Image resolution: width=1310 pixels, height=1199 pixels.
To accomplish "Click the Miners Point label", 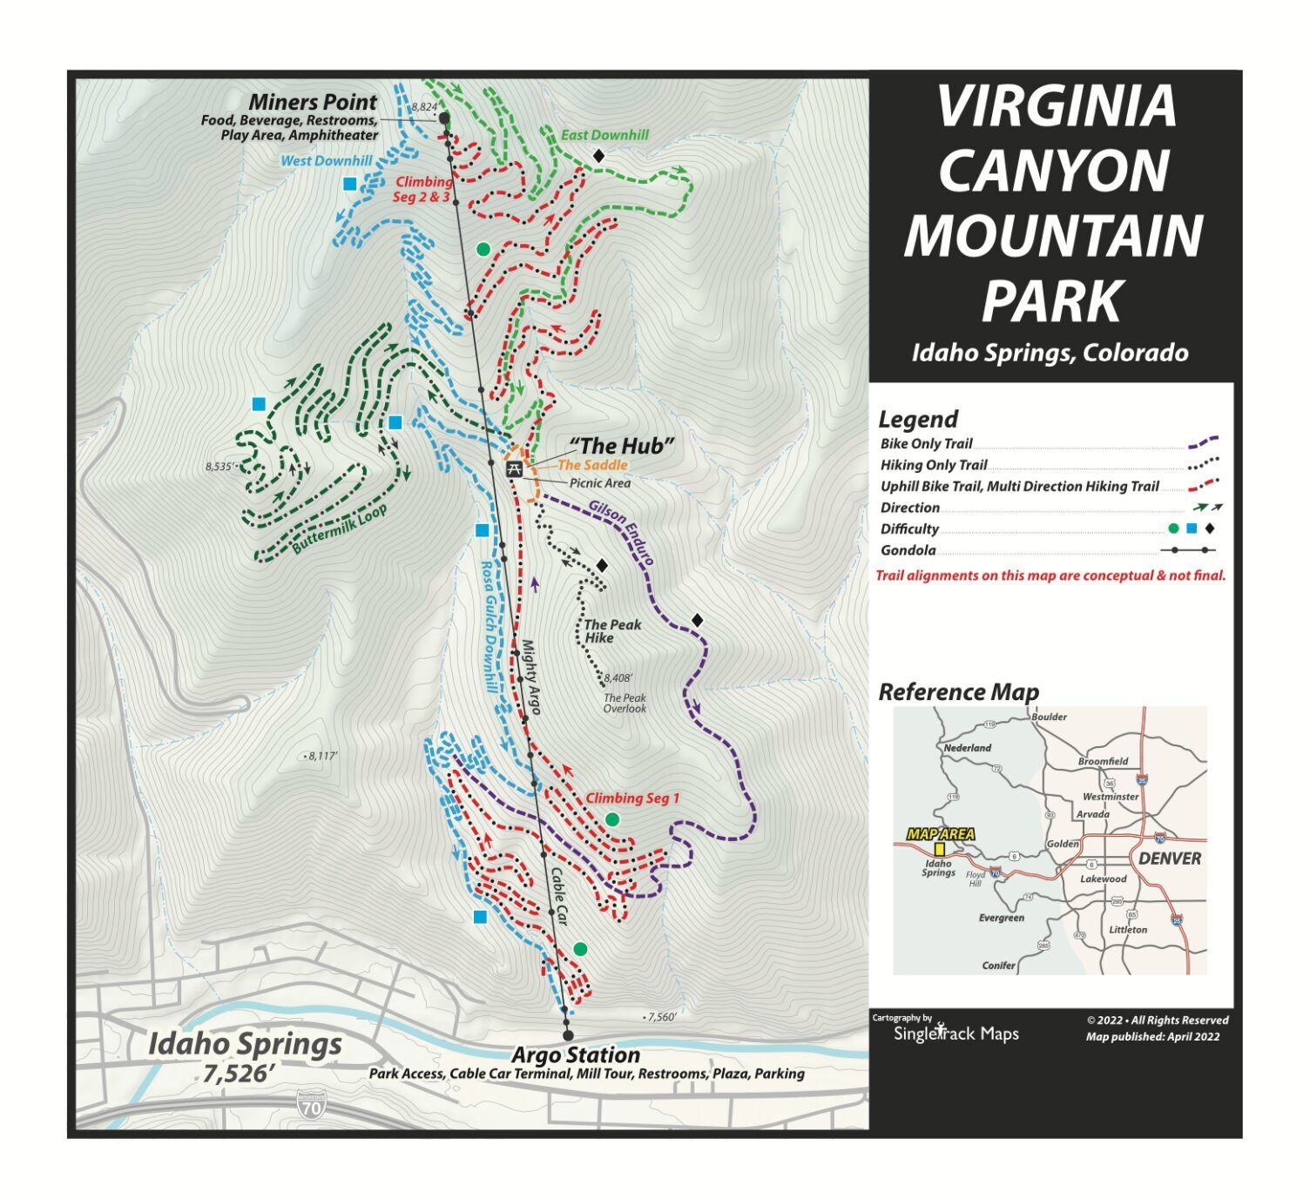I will (x=313, y=102).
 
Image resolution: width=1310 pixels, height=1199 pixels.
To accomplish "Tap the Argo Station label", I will (x=576, y=1054).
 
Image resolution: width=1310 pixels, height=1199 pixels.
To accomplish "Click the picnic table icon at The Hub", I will (x=514, y=469).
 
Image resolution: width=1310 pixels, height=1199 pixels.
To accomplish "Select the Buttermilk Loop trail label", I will (x=339, y=529).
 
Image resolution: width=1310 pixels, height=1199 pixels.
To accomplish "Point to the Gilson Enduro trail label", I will (x=621, y=533).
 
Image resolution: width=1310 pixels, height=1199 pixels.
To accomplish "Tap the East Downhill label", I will (x=604, y=135).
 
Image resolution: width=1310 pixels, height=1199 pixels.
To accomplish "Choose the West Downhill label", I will (x=326, y=161).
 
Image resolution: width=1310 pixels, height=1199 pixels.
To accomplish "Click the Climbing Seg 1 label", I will (x=631, y=798).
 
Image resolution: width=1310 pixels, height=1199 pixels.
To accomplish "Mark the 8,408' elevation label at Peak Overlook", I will (x=618, y=677).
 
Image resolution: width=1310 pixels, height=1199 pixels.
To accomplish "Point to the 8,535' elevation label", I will (x=219, y=467).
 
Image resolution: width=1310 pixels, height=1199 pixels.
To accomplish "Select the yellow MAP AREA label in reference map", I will (x=940, y=834).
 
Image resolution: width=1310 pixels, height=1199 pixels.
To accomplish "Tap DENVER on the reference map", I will (x=1169, y=859).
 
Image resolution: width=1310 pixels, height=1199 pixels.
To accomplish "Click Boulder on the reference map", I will (x=1049, y=717).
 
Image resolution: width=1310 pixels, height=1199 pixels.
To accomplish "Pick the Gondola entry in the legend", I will (x=908, y=550).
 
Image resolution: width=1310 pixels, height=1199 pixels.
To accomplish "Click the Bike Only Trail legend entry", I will (x=926, y=443).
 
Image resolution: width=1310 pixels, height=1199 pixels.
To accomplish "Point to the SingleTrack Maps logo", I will (x=955, y=1033).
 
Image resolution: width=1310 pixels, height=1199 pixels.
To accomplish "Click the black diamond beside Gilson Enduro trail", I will (x=697, y=620).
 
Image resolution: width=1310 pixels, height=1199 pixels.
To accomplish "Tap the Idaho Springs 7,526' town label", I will (x=244, y=1057).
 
